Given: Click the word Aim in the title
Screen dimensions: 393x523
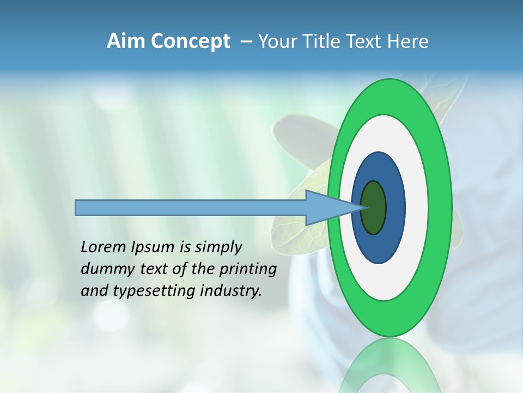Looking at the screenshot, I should pyautogui.click(x=127, y=41).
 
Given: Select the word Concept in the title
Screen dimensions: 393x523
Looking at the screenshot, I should pyautogui.click(x=191, y=42).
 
